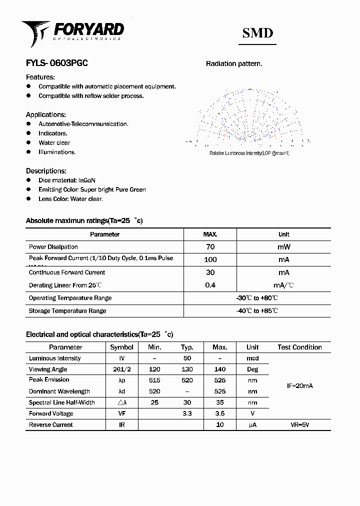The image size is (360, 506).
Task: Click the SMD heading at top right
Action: pos(257,33)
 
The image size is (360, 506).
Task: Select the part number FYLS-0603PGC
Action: pos(57,64)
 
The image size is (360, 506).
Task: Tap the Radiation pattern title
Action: pos(234,64)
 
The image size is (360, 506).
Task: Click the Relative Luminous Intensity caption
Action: pos(249,153)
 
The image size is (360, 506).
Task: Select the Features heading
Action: pos(40,77)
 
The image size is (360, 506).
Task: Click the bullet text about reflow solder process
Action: pos(91,96)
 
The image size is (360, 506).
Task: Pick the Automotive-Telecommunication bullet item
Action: pos(83,124)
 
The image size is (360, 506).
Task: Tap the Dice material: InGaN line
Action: pos(67,180)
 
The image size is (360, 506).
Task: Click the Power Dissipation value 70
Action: pos(210,247)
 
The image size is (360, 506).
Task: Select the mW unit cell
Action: pos(283,247)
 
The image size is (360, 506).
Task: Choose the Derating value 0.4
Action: pos(210,285)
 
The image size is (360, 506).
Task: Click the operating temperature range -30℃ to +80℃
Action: pos(257,298)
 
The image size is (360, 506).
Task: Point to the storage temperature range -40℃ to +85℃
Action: pos(257,311)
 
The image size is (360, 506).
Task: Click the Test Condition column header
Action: pos(299,347)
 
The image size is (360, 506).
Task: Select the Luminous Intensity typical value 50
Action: pos(187,358)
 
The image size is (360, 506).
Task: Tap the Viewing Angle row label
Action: pos(48,369)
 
